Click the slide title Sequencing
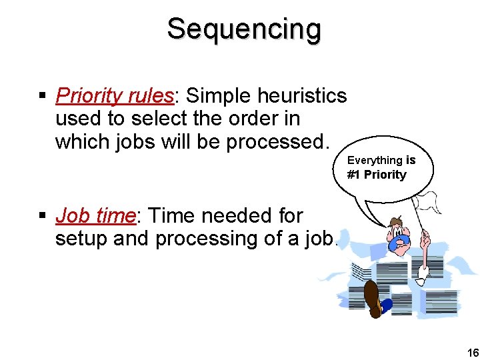point(243,29)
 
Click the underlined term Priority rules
point(114,96)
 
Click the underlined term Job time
point(95,216)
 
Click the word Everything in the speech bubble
point(375,160)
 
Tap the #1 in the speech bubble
point(353,175)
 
